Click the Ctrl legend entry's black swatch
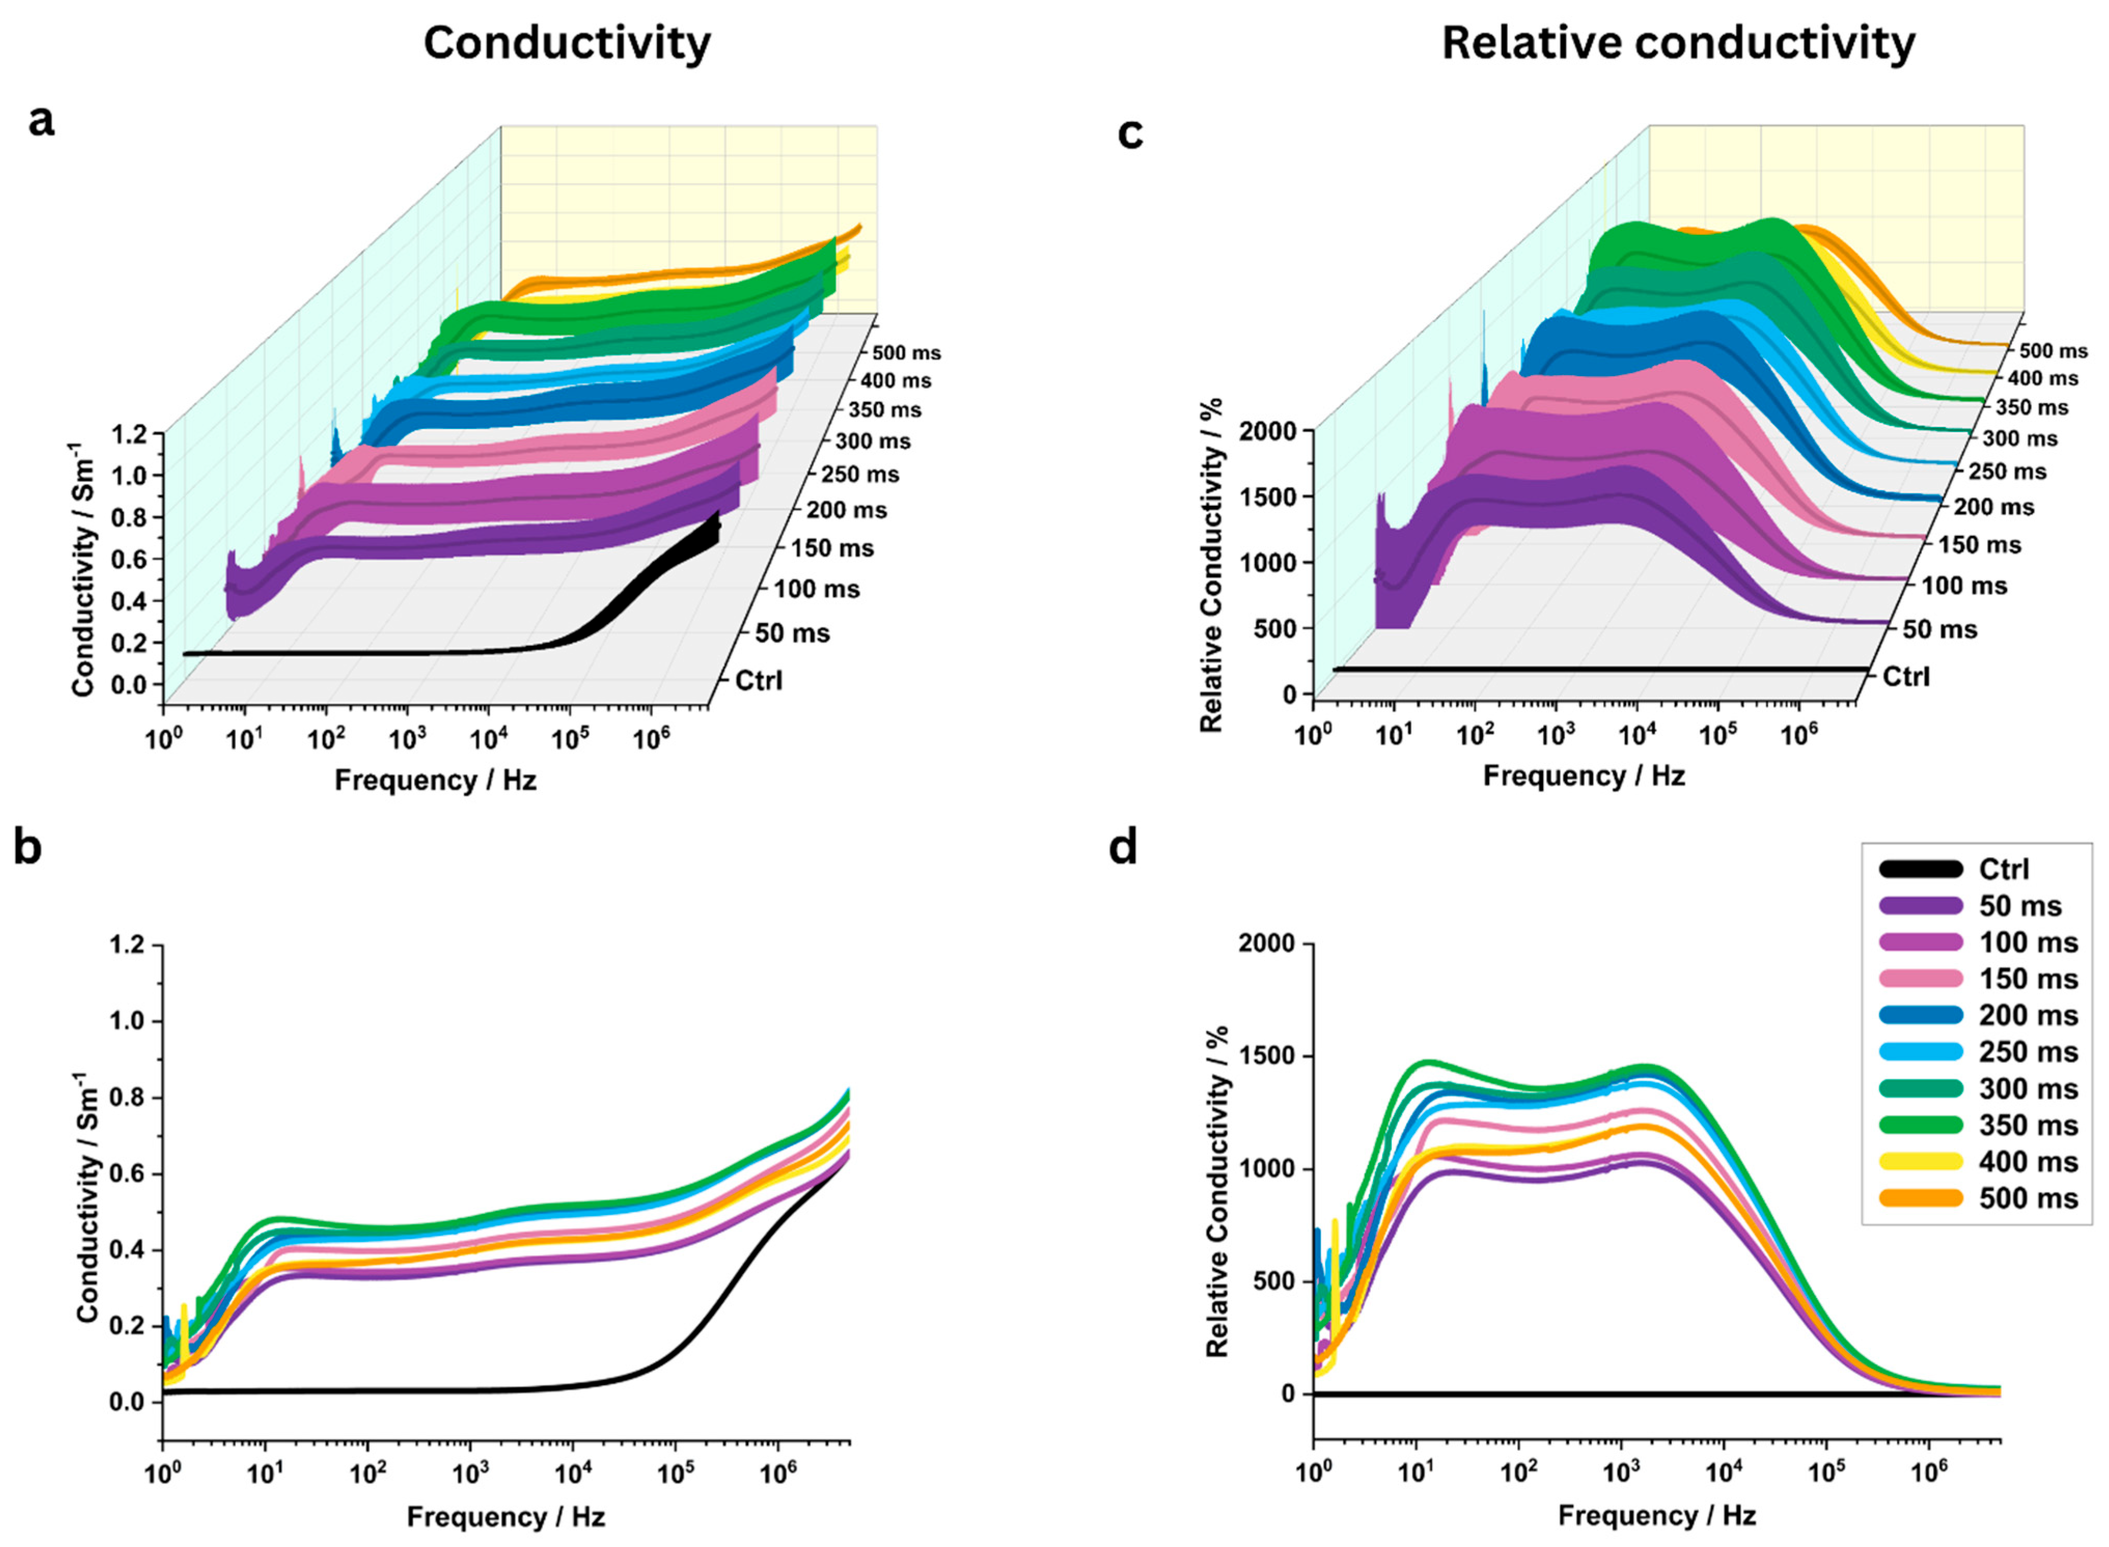pyautogui.click(x=1919, y=869)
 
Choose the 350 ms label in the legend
pyautogui.click(x=2028, y=1126)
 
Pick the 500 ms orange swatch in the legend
pyautogui.click(x=1919, y=1199)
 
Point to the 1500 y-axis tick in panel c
pyautogui.click(x=1268, y=496)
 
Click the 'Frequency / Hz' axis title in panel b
pyautogui.click(x=506, y=1516)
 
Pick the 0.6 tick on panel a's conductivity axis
pyautogui.click(x=129, y=559)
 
